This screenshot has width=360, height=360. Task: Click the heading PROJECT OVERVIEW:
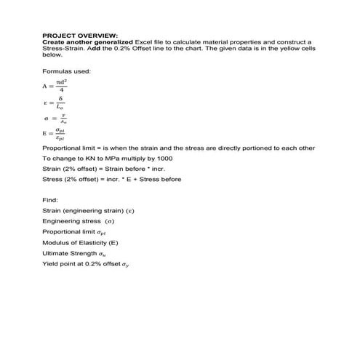click(80, 35)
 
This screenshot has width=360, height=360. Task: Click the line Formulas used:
click(67, 71)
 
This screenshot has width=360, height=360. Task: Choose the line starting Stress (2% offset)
click(111, 179)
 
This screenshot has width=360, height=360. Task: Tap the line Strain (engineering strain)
click(88, 210)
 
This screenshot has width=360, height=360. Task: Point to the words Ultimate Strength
click(69, 252)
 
